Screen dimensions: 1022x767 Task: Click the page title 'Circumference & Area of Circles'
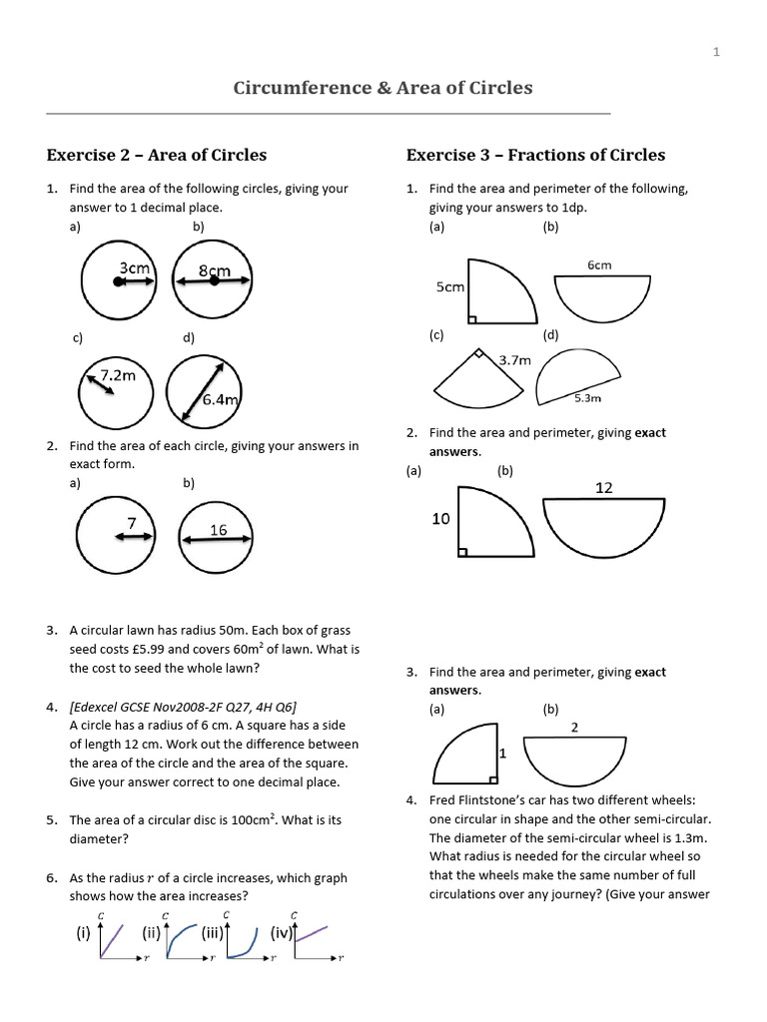[383, 88]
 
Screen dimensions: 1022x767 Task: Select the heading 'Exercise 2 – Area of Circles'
[157, 155]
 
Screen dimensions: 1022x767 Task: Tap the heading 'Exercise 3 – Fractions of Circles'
[535, 155]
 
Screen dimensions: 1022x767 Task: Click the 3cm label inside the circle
[134, 267]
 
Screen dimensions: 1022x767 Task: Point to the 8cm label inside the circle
[214, 270]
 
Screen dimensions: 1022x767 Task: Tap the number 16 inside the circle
[218, 530]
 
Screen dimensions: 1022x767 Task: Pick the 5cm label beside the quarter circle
[450, 287]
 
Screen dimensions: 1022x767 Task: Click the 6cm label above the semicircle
[599, 265]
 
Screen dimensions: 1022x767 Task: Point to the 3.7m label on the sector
[514, 360]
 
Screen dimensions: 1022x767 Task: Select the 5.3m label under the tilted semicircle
[587, 398]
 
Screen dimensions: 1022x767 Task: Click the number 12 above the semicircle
[604, 488]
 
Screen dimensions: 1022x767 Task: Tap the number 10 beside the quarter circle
[441, 519]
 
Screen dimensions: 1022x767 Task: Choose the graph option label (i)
[84, 934]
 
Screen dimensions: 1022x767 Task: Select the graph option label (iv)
[282, 934]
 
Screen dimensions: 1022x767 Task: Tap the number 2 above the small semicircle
[574, 728]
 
